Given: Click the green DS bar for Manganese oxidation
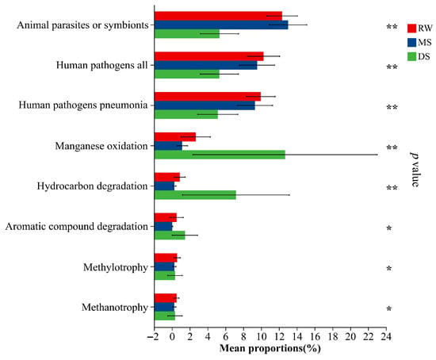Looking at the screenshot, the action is point(220,155).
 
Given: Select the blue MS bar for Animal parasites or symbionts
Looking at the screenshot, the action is point(221,25).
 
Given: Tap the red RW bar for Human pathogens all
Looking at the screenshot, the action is point(209,56).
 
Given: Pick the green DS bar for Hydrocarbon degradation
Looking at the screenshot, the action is point(195,195).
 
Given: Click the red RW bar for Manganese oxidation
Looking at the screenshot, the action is point(175,137).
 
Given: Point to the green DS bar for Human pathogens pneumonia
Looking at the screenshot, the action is point(186,114).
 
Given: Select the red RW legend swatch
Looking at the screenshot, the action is point(411,29).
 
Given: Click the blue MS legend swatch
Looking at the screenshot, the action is point(411,43).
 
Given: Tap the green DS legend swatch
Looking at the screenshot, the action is point(411,56).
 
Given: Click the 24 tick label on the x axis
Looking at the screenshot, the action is point(386,337).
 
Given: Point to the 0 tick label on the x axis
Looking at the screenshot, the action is point(172,337).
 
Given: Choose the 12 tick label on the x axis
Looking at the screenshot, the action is point(279,337).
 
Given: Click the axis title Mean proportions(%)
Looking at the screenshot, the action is point(270,348).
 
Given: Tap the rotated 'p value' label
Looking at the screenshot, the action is point(415,170).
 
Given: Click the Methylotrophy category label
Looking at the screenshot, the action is point(116,267).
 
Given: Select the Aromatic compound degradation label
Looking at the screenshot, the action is point(76,227).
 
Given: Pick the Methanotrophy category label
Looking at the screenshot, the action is point(115,308).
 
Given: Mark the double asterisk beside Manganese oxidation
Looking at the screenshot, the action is point(392,147).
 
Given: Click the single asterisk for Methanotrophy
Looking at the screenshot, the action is point(389,308).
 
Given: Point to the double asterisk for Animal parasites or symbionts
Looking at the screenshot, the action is point(392,27).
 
